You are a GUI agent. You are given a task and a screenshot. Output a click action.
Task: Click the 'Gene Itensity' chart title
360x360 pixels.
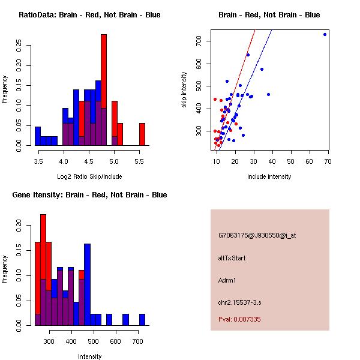(89, 195)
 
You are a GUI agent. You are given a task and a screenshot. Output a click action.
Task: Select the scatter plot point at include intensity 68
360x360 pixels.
(325, 34)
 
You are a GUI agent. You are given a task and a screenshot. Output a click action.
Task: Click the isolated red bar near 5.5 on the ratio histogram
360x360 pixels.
(142, 134)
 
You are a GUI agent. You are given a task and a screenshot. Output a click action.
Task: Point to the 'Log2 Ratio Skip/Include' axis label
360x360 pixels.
(89, 176)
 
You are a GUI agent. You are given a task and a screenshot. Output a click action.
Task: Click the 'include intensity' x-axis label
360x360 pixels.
(269, 176)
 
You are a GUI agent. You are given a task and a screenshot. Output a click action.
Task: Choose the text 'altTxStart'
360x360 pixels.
(232, 258)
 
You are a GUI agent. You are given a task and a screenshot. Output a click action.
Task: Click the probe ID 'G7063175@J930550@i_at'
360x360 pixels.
(257, 235)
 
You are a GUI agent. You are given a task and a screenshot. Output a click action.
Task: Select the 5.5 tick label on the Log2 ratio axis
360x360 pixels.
(139, 161)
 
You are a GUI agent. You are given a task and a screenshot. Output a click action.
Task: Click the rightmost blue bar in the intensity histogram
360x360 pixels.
(142, 319)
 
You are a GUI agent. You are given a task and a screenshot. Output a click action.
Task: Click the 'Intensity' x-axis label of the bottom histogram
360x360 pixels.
(90, 356)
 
